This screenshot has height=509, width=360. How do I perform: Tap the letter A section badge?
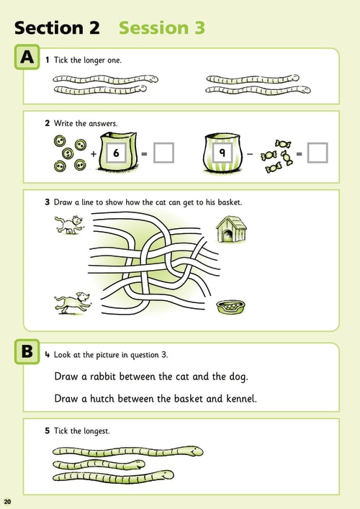point(27,57)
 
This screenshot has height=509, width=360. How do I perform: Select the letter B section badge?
point(27,351)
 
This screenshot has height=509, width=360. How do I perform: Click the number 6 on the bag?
point(116,153)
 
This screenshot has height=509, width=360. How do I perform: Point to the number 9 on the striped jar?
point(222,152)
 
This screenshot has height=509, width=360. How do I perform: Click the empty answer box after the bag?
point(163,153)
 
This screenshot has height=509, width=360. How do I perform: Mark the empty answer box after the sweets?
point(318,153)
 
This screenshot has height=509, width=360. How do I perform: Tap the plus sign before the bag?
point(94,153)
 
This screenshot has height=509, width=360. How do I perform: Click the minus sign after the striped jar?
point(250,153)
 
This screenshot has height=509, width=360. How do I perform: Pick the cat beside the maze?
point(68,225)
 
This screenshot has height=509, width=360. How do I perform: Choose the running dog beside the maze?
point(73,303)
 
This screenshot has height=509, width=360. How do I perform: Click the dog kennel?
point(231,229)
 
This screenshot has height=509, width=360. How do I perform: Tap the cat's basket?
point(231,307)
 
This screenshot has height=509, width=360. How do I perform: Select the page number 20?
point(7,502)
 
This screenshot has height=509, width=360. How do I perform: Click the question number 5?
point(47,431)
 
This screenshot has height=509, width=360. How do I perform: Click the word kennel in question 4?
point(240,398)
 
